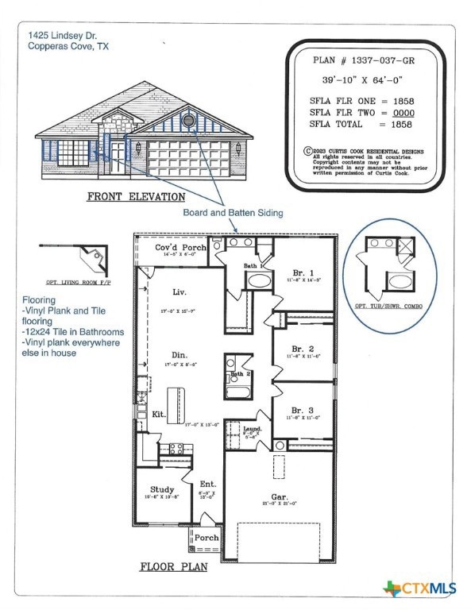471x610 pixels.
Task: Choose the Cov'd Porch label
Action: [180, 248]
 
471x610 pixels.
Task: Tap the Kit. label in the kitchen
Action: [159, 415]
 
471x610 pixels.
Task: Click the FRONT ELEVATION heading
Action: [136, 196]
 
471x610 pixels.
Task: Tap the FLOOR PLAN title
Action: [173, 567]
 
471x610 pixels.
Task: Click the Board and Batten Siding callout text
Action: [233, 212]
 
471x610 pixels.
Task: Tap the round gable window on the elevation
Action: [189, 121]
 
